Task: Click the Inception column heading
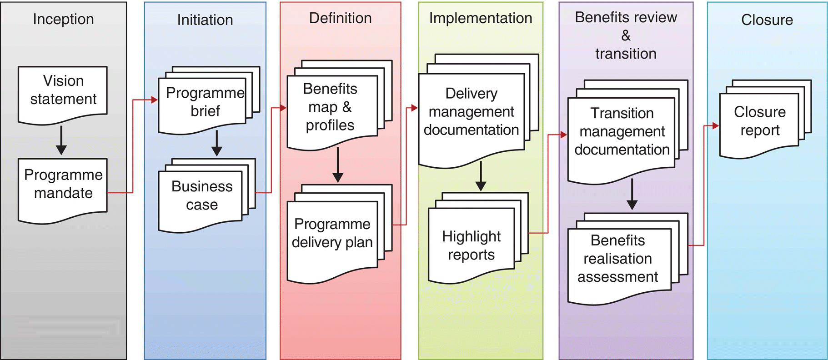[x=63, y=19]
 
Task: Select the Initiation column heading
[x=205, y=20]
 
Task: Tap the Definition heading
[x=340, y=18]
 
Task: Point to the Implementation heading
[x=481, y=18]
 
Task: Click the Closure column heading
[x=767, y=20]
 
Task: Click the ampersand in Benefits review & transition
[x=626, y=35]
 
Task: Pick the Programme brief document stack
[x=205, y=102]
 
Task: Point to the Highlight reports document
[x=471, y=246]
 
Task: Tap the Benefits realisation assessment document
[x=618, y=259]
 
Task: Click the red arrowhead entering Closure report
[x=715, y=125]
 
